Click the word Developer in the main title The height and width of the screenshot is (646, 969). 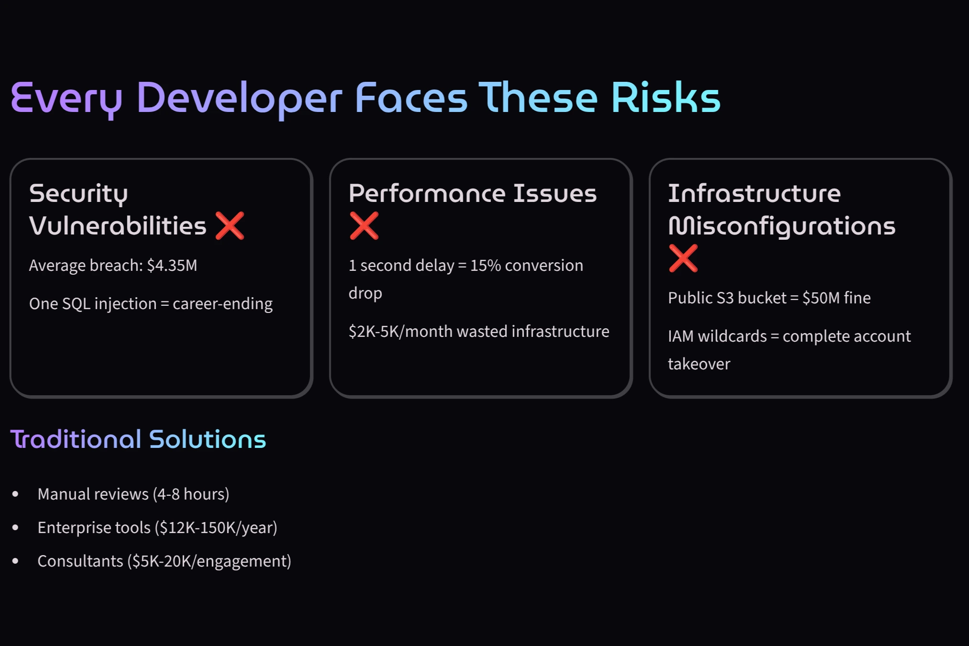tap(239, 98)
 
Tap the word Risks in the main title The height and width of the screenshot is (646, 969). tap(665, 98)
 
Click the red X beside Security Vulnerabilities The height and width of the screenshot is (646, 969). tap(230, 225)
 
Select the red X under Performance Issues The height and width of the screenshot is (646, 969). tap(364, 225)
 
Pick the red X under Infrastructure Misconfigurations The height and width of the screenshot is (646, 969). tap(683, 258)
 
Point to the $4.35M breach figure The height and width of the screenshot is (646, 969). tap(172, 266)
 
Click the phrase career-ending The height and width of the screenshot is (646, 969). tap(223, 304)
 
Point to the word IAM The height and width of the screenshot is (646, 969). tap(680, 336)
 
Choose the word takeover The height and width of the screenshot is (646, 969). tap(699, 364)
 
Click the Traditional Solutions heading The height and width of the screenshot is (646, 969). tap(138, 439)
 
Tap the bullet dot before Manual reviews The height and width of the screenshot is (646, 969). tap(15, 494)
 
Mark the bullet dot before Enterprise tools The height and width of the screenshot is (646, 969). tap(15, 527)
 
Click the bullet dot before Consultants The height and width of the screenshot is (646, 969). tap(15, 561)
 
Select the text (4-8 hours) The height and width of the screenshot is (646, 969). tap(191, 494)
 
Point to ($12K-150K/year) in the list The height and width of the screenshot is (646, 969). tap(216, 527)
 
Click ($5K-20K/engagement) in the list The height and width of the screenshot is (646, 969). tap(209, 561)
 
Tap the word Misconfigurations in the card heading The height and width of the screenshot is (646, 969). tap(781, 226)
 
